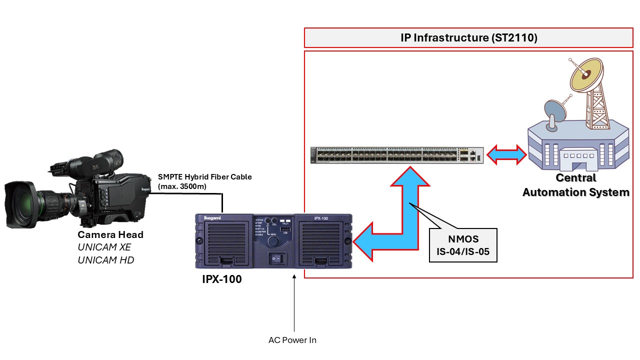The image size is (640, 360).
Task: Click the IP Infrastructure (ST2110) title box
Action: (469, 37)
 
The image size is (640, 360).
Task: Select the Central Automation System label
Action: (575, 185)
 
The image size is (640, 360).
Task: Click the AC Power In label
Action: (292, 340)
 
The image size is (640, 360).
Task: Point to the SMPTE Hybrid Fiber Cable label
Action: (205, 181)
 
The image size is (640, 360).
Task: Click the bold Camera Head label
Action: (110, 234)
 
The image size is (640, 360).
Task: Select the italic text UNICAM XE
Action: (104, 247)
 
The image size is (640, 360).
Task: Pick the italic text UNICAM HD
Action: (105, 260)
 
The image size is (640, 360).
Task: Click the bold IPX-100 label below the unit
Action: (221, 279)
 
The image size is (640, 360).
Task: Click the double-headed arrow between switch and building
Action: (506, 154)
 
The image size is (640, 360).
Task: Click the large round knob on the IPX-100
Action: (273, 241)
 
